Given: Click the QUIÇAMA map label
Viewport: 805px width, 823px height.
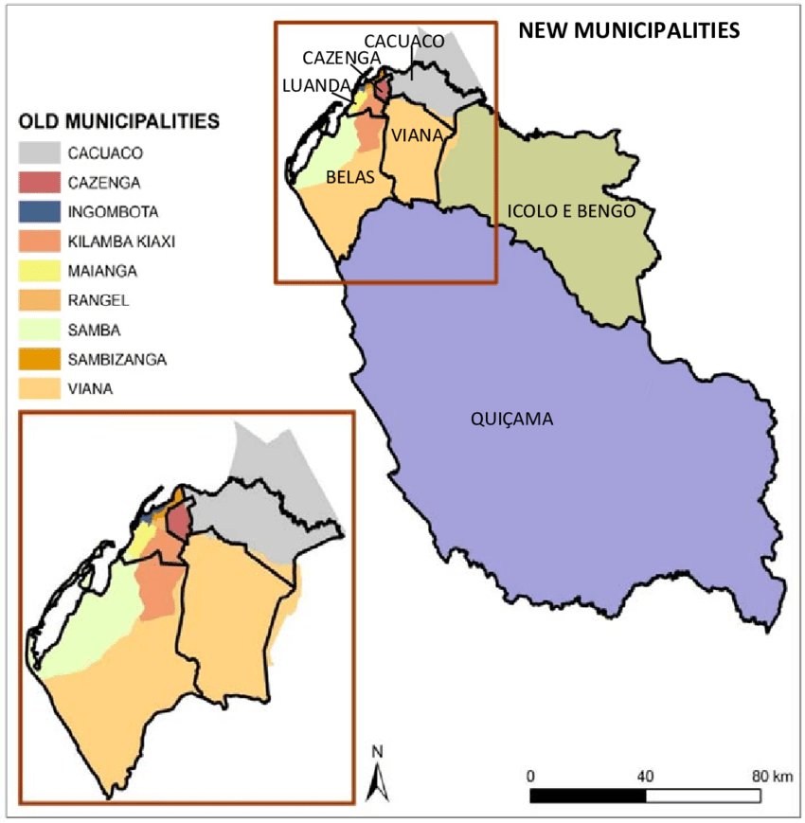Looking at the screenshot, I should (x=511, y=419).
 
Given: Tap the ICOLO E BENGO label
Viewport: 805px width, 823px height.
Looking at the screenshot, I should (x=571, y=210).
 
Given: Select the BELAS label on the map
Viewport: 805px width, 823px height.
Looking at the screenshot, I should (x=350, y=177).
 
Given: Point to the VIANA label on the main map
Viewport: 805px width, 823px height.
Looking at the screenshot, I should (x=416, y=135).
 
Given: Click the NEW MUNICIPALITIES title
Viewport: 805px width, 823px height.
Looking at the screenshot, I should (x=628, y=30).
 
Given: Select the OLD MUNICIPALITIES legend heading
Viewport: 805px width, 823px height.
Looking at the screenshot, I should (x=119, y=121).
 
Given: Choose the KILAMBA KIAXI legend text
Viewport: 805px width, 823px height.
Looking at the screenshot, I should (x=121, y=242).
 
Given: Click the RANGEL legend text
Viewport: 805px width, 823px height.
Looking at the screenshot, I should (x=93, y=300).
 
